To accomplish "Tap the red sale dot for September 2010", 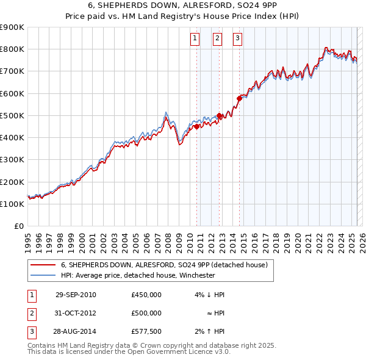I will (x=197, y=127).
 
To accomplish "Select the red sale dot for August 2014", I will (x=239, y=99).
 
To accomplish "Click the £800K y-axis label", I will (x=13, y=49).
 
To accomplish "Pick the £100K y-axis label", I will (x=13, y=204).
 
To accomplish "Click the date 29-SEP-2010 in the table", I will (x=76, y=295).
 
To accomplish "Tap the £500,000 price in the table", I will (x=146, y=312).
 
